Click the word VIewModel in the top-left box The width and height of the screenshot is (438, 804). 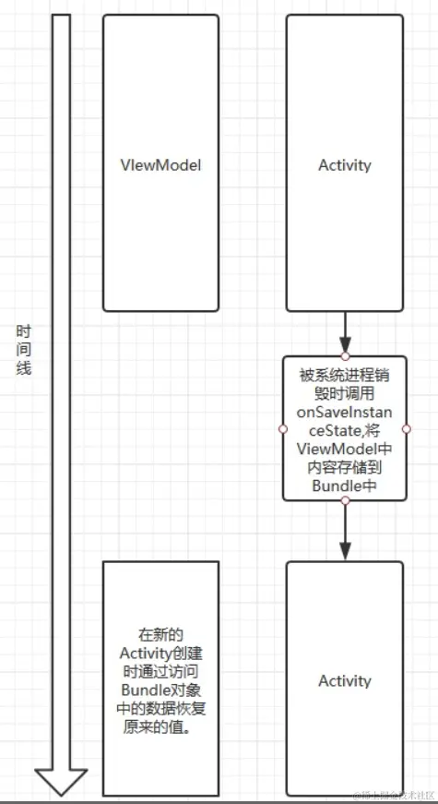pyautogui.click(x=160, y=165)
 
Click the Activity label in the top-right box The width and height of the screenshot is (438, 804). pyautogui.click(x=344, y=165)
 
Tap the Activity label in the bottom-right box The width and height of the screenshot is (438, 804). pyautogui.click(x=344, y=680)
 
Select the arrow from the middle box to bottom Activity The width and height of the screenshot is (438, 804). pyautogui.click(x=344, y=530)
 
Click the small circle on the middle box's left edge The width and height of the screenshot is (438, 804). pyautogui.click(x=283, y=428)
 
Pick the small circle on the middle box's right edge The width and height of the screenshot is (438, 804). pyautogui.click(x=405, y=428)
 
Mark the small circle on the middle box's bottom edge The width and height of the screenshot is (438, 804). pyautogui.click(x=344, y=500)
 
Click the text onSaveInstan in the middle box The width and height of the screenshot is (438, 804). pyautogui.click(x=344, y=411)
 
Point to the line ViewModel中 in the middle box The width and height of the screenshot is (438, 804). pyautogui.click(x=344, y=448)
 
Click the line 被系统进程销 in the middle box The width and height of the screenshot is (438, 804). pyautogui.click(x=344, y=375)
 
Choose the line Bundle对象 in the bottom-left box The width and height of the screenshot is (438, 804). pyautogui.click(x=160, y=688)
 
